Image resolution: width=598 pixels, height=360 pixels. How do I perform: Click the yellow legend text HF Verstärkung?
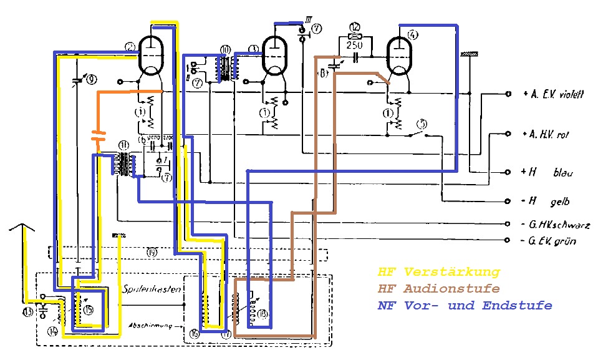(438, 272)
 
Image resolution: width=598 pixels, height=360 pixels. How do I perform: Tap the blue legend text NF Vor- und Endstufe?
(465, 306)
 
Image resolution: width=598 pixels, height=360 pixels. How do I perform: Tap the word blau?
(563, 173)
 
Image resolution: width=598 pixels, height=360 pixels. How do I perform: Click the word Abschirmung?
(147, 325)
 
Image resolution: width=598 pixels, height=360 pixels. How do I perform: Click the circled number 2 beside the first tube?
(130, 46)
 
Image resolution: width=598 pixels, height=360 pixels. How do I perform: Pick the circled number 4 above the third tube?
(412, 34)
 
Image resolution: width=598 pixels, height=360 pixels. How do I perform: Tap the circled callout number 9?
(92, 79)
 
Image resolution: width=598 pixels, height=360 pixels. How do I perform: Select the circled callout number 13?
(27, 311)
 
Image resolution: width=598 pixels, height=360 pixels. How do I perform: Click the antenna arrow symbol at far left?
(22, 228)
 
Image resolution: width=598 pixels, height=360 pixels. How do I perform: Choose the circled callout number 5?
(422, 122)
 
